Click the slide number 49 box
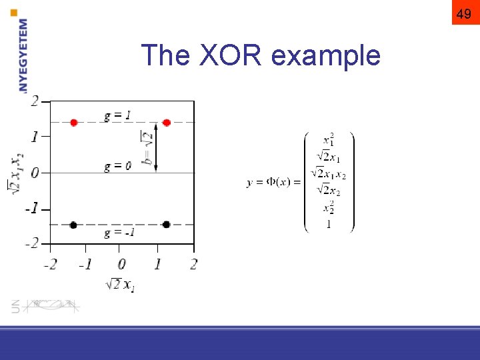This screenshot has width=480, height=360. point(465,13)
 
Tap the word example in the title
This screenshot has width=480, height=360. point(326,57)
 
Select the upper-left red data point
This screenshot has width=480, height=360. point(73,123)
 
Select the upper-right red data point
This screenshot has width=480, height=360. point(166,123)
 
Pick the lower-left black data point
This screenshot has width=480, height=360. point(73,225)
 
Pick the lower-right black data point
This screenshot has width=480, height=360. point(166,225)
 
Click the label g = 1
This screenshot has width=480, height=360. point(117,115)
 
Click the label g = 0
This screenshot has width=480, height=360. point(117,166)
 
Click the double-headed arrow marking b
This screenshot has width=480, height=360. point(156,147)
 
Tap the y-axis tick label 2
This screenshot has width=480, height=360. point(35,101)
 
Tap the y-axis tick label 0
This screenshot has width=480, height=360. point(35,173)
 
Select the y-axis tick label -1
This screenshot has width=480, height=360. point(32,209)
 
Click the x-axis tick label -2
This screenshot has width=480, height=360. point(50,264)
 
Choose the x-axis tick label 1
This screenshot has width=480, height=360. point(157,264)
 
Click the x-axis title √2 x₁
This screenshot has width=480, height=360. point(120,285)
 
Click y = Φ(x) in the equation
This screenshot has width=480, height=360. point(273,183)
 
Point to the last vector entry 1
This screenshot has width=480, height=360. point(329,224)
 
